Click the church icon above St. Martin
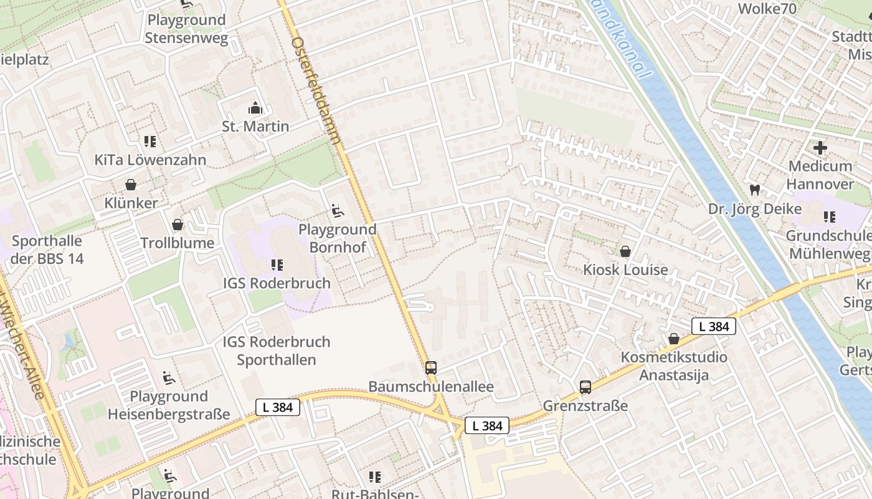[x=255, y=108]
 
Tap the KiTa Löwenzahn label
[x=150, y=160]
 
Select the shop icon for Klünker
[x=131, y=185]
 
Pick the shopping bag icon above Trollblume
[x=178, y=225]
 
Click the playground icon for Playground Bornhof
[x=338, y=211]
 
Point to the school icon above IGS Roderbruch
[x=277, y=265]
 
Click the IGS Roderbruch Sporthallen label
[x=277, y=351]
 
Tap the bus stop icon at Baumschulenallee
[x=431, y=368]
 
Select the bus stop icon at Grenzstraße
[x=585, y=387]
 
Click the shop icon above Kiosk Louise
[x=625, y=251]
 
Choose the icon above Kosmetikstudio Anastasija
[x=674, y=339]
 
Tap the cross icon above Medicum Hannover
[x=820, y=148]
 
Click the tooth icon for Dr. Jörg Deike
[x=755, y=190]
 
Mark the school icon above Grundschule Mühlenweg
[x=829, y=217]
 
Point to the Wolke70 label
[x=767, y=9]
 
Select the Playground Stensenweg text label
[x=186, y=29]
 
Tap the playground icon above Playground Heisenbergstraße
[x=169, y=378]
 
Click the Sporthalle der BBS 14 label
[x=47, y=249]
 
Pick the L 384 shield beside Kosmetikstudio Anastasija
[x=714, y=326]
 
